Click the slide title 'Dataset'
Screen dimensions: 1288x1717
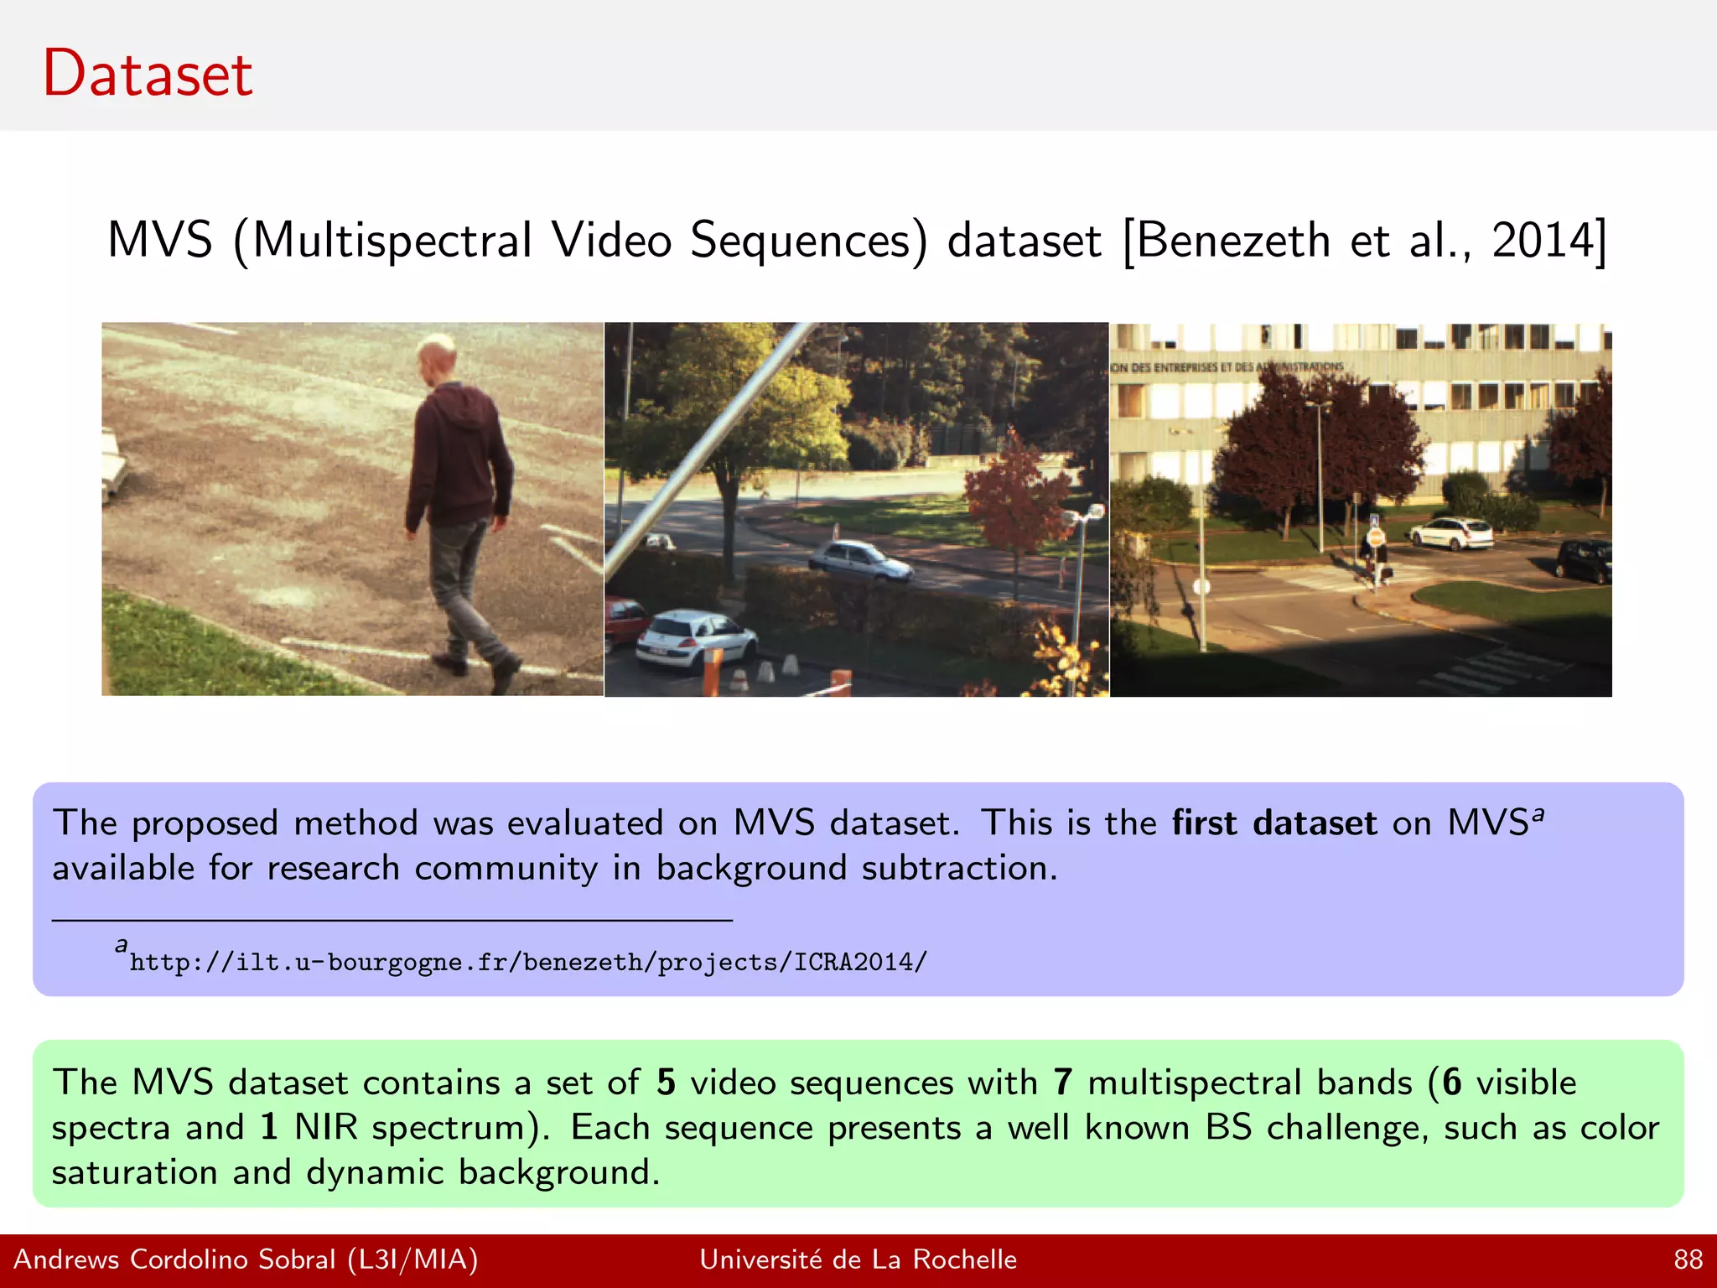click(148, 74)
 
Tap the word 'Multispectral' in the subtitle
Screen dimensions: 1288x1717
click(392, 241)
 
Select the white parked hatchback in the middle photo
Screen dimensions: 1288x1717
click(693, 641)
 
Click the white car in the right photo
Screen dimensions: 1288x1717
click(1451, 532)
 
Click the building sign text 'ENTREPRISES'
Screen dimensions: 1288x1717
click(1185, 367)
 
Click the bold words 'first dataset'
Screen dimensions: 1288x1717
click(1273, 823)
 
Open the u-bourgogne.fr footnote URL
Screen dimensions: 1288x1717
click(528, 962)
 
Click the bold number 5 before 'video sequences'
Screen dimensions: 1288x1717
click(666, 1083)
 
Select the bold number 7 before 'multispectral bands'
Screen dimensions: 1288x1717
click(1063, 1083)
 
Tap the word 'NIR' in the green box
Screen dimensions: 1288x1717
click(325, 1127)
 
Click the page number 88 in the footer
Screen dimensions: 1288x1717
click(1688, 1259)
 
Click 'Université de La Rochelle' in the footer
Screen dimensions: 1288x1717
click(858, 1259)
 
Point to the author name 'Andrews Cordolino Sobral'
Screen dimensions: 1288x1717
click(174, 1259)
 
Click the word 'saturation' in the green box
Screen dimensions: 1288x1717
click(134, 1172)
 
